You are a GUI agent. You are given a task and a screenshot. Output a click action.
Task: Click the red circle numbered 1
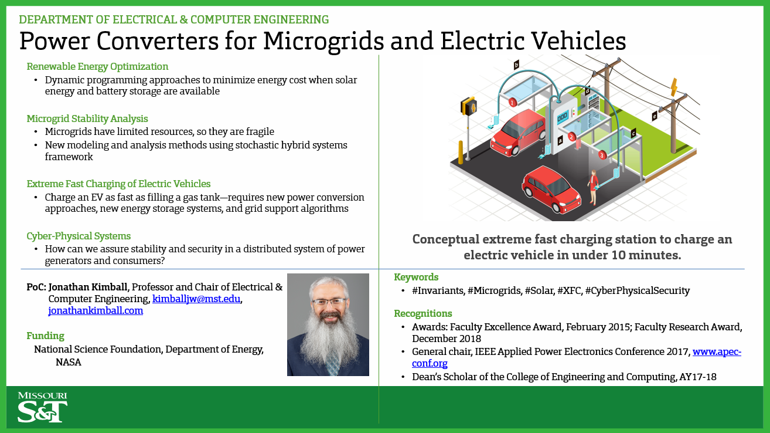(x=513, y=102)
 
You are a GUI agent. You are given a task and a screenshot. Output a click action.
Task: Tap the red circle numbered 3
(x=602, y=155)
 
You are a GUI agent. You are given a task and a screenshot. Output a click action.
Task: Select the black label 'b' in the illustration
(x=516, y=65)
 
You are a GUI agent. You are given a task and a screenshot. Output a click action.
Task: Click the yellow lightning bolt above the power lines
(x=674, y=87)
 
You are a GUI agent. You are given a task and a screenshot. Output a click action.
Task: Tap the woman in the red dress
(x=592, y=187)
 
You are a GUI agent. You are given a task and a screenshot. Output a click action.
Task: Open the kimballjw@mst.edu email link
(x=196, y=299)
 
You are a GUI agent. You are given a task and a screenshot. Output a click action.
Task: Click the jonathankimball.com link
(x=96, y=310)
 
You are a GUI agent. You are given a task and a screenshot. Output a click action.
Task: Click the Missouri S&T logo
(x=42, y=407)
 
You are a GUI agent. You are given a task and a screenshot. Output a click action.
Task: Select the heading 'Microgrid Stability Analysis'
(x=87, y=119)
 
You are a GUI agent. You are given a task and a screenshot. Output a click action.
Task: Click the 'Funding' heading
(x=45, y=336)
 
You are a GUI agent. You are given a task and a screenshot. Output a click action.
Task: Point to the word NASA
(x=69, y=362)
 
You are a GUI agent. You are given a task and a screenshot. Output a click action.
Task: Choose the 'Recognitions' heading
(x=423, y=313)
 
